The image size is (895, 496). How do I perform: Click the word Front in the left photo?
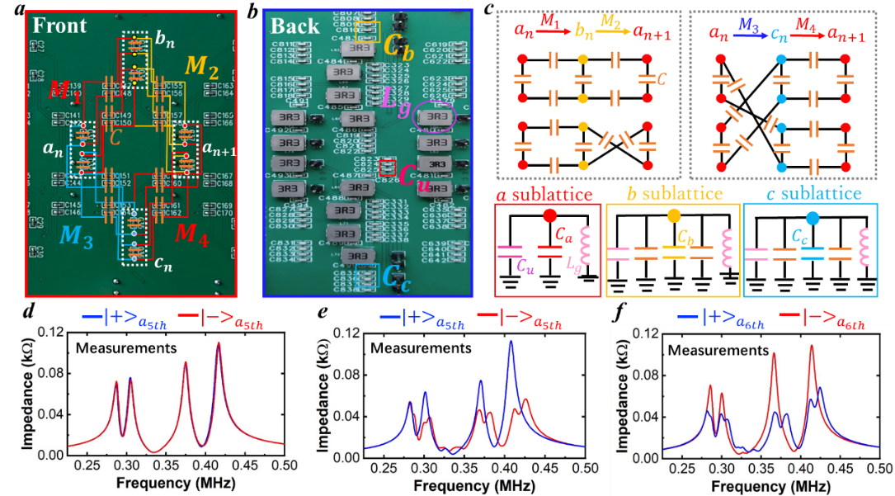59,26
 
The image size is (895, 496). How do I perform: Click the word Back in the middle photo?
294,26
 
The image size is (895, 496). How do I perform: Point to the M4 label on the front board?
191,234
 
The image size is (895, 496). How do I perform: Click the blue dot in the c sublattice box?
813,219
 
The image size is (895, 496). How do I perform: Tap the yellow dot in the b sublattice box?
673,215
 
